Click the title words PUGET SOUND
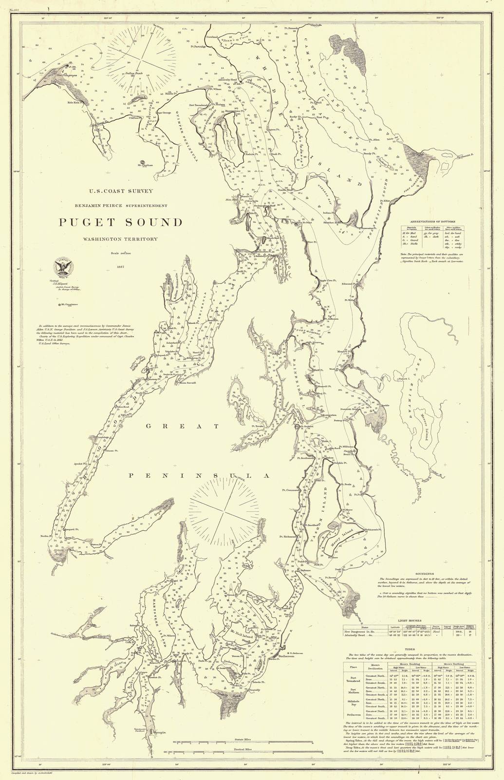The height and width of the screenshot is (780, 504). [x=121, y=222]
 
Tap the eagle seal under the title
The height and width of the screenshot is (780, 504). [x=62, y=267]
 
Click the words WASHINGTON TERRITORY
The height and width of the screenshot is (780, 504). [x=121, y=239]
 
